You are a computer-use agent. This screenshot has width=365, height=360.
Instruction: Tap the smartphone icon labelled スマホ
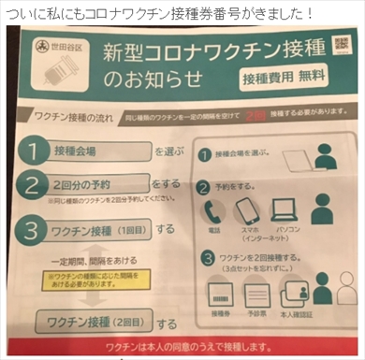click(x=245, y=209)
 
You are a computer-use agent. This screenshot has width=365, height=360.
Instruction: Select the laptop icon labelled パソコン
click(x=283, y=209)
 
